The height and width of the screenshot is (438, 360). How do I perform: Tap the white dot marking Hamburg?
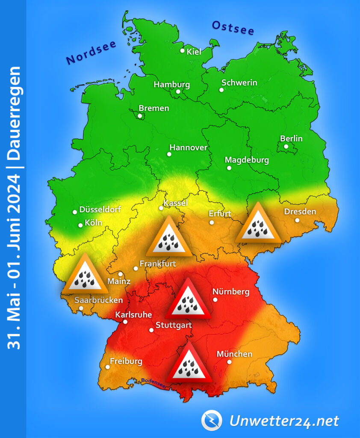click(178, 91)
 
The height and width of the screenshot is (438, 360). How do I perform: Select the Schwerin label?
click(239, 83)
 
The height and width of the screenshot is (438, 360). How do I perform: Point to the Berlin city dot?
click(286, 147)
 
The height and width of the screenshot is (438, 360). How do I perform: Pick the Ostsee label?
click(233, 28)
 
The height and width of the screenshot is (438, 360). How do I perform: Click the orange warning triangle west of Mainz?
click(85, 275)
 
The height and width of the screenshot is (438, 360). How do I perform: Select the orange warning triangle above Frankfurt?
click(169, 238)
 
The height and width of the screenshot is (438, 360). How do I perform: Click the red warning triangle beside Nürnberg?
click(189, 300)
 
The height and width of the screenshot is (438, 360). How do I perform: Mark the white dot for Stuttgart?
click(151, 330)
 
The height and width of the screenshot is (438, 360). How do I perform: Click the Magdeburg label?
click(247, 160)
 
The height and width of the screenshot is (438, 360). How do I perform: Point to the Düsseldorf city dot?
click(74, 212)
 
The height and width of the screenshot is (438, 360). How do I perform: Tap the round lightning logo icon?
click(212, 420)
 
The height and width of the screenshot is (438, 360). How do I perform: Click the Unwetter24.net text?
click(284, 421)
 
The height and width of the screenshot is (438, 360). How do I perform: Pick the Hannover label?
click(188, 148)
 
